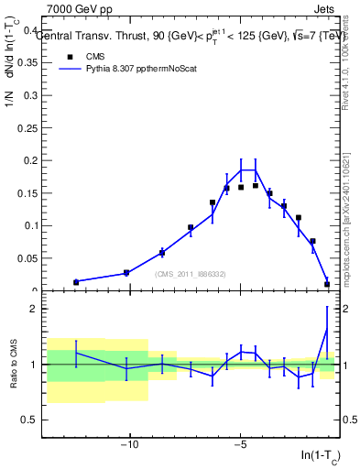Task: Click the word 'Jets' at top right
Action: tap(327, 7)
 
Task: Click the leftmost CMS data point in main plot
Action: tap(76, 282)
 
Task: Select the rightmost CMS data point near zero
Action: tap(327, 284)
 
